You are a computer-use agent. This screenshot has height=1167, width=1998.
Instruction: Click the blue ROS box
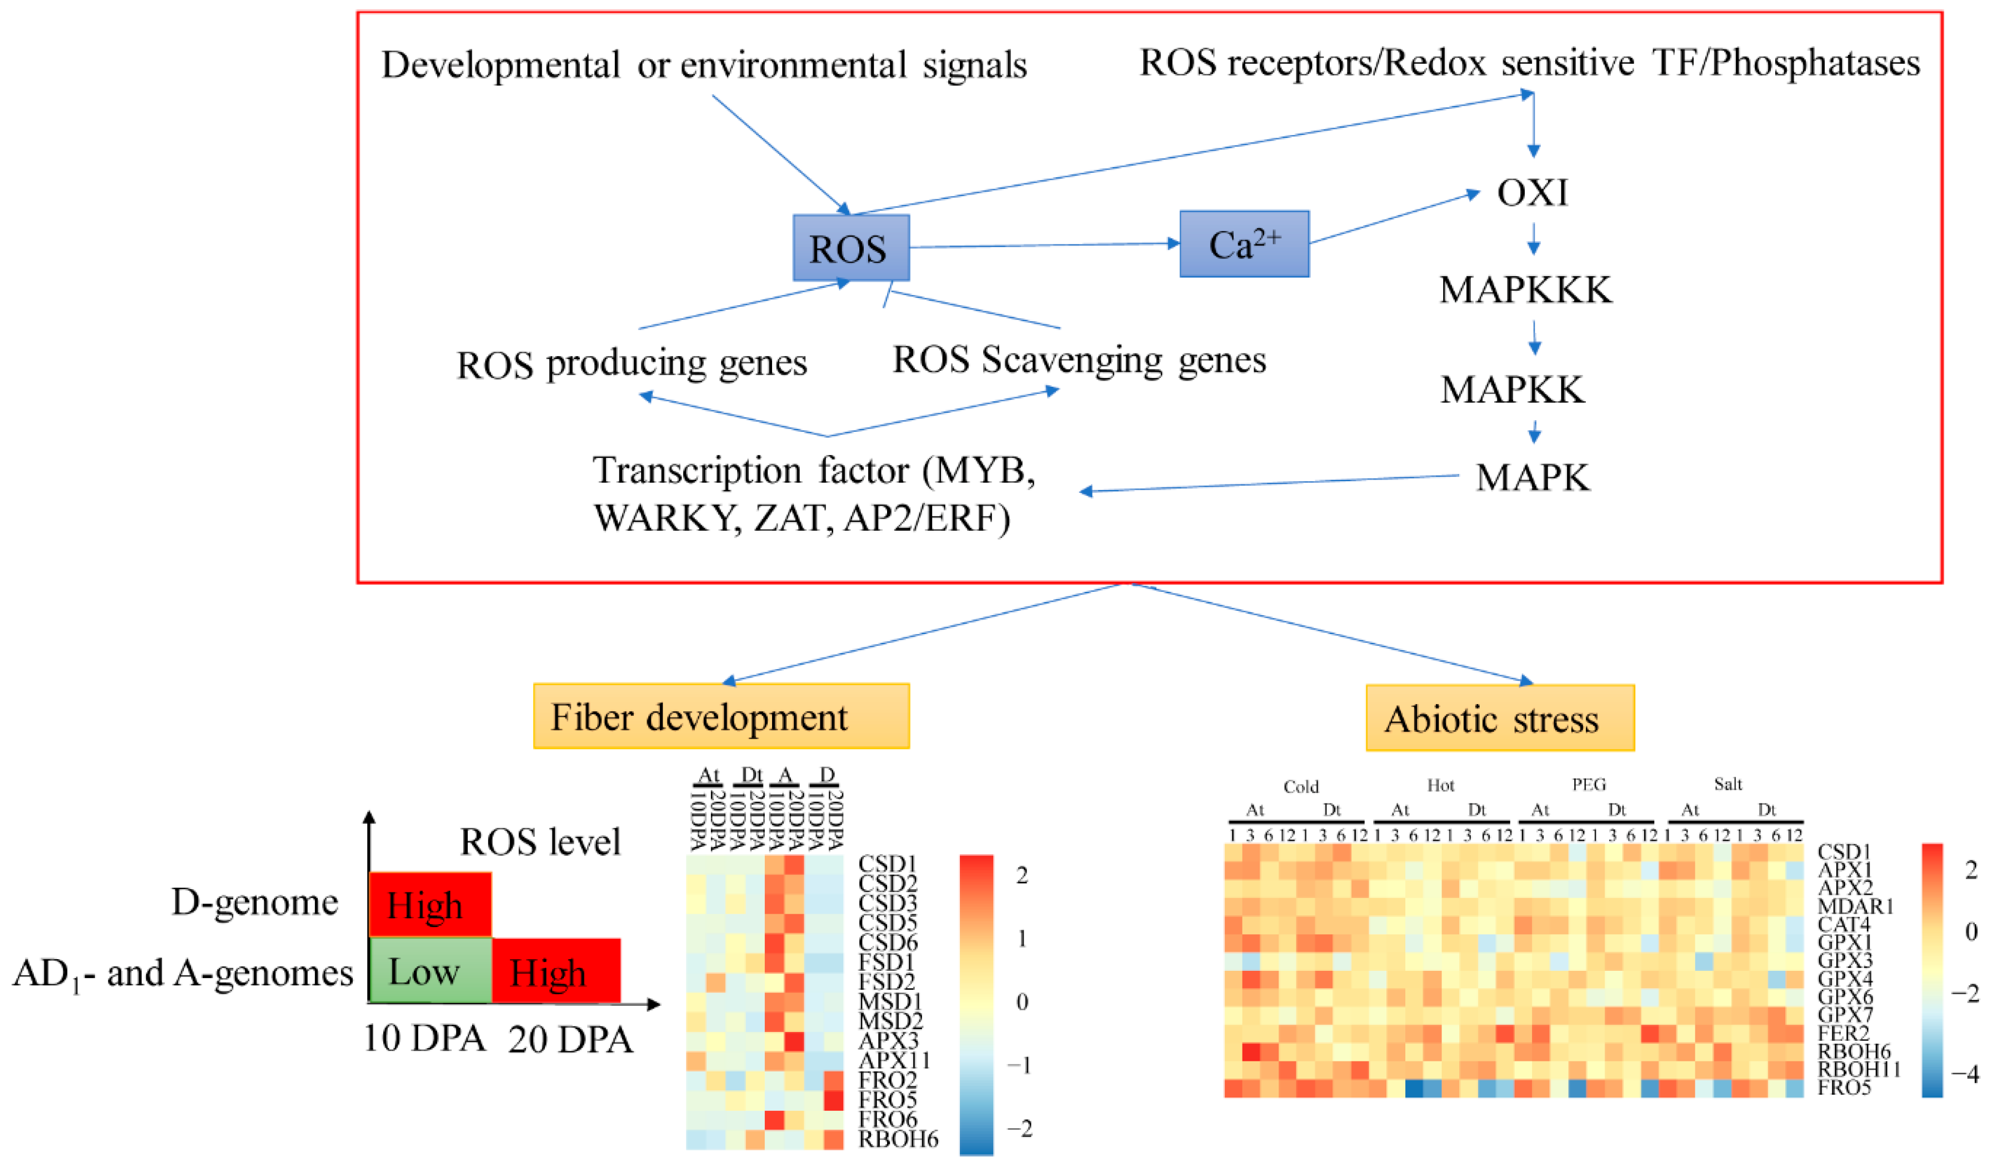coord(851,247)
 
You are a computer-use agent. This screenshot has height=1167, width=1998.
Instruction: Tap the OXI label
coord(1532,193)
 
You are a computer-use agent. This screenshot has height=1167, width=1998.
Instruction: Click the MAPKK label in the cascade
coord(1512,390)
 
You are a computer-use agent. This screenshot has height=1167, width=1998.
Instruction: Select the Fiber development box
coord(720,716)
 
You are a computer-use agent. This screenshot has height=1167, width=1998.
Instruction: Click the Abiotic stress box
coord(1499,719)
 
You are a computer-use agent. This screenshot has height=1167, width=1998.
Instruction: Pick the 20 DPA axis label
coord(570,1039)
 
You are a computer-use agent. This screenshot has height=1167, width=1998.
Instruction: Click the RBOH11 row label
coord(1859,1069)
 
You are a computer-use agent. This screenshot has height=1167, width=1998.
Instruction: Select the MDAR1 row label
coord(1855,906)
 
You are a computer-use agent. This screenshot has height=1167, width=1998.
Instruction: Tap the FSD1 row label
coord(887,961)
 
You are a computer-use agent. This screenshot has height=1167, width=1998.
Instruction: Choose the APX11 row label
coord(894,1060)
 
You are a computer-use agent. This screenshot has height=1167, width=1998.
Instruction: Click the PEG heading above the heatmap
coord(1588,785)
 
